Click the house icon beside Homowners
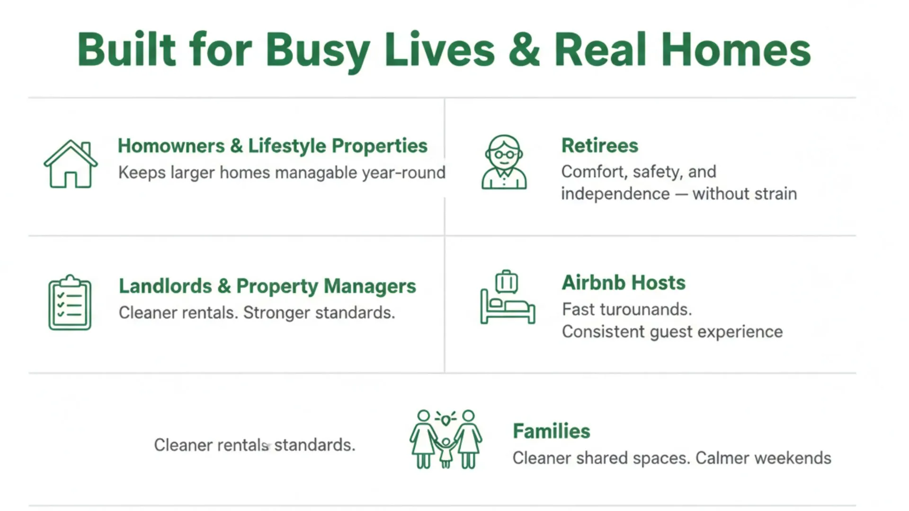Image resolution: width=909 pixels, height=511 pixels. (71, 164)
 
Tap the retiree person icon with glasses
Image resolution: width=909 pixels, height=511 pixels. (504, 162)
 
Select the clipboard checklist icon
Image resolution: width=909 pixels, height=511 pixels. (70, 303)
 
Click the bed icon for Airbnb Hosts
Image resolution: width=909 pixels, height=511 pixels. (508, 308)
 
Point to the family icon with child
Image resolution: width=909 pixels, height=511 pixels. (446, 440)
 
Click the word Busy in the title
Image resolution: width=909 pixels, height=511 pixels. (317, 50)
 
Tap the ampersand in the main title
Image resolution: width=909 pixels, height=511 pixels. (524, 50)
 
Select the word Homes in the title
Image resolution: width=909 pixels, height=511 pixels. (736, 50)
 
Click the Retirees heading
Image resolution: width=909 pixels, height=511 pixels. (599, 146)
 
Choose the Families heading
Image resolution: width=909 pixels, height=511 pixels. (551, 432)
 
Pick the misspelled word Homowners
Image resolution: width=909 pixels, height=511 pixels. (171, 146)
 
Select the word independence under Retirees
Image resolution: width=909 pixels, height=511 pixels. (615, 194)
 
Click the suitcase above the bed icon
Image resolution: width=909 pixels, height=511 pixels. (507, 282)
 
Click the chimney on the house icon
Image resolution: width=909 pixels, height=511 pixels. (86, 148)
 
